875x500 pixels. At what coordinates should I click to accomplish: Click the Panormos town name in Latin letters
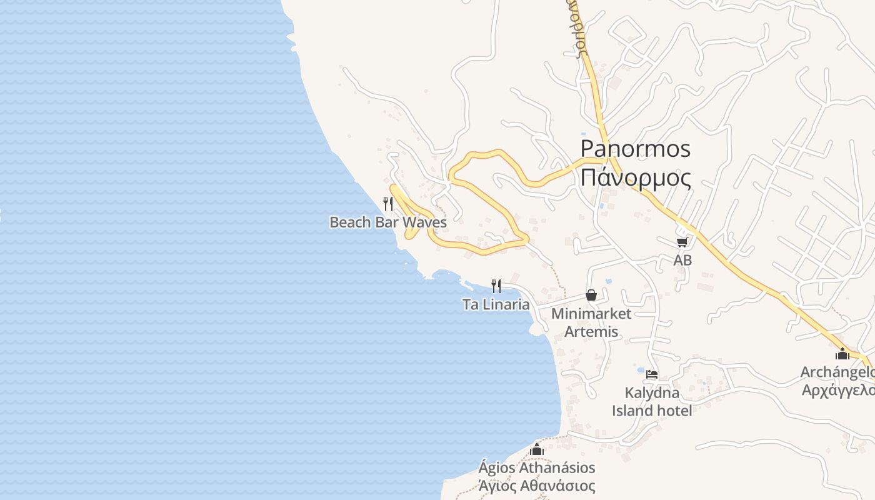point(635,149)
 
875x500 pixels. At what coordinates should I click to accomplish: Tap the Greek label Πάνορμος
point(635,178)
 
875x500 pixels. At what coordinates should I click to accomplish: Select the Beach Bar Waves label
point(387,222)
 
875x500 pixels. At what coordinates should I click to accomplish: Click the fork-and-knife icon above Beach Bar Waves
point(388,203)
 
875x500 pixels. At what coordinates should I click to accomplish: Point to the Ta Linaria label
point(496,305)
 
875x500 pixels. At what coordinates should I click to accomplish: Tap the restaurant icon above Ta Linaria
point(496,286)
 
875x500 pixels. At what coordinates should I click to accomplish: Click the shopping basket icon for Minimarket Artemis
point(591,295)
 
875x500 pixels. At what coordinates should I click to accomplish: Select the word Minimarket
point(591,314)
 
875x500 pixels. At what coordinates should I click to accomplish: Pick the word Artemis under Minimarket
point(591,332)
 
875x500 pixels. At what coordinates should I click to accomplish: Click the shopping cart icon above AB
point(682,242)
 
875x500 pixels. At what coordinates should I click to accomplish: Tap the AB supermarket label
point(682,260)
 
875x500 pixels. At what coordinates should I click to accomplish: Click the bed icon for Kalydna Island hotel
point(652,375)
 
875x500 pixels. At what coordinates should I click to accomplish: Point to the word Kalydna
point(652,393)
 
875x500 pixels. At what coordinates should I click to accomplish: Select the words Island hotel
point(652,411)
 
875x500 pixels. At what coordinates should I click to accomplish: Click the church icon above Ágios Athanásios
point(536,449)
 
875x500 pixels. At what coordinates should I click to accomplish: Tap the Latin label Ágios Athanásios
point(536,467)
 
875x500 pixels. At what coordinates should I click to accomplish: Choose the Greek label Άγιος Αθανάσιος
point(536,486)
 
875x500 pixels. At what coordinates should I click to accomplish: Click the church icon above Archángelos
point(842,354)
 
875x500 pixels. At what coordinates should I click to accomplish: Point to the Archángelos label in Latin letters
point(837,372)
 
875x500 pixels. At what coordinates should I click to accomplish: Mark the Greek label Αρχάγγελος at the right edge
point(837,390)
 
